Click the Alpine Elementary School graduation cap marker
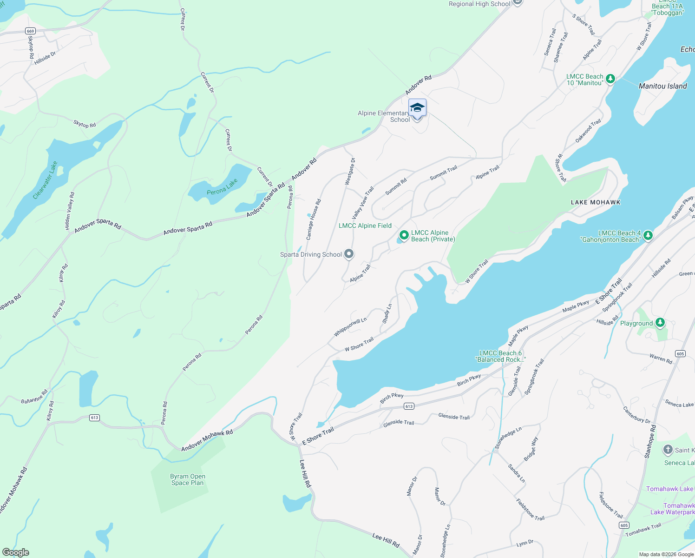tap(417, 108)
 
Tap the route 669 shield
tap(31, 31)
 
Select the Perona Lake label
tap(223, 186)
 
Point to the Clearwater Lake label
tap(45, 180)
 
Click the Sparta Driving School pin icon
tap(349, 254)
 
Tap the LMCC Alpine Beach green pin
tap(404, 235)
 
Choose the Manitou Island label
tap(662, 86)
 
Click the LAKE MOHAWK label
tap(596, 202)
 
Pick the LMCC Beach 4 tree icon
tap(648, 235)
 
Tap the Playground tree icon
tap(660, 323)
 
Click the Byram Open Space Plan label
tap(188, 479)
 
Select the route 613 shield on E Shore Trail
tap(409, 406)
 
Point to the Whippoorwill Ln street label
tap(350, 327)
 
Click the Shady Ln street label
tap(387, 314)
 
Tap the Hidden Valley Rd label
tap(70, 211)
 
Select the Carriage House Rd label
tap(314, 220)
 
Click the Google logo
tap(16, 552)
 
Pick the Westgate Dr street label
tap(350, 172)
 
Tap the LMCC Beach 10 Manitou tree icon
tap(610, 79)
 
